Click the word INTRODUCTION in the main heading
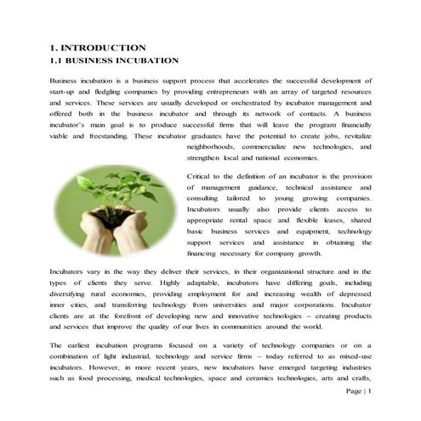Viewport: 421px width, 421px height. [104, 48]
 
